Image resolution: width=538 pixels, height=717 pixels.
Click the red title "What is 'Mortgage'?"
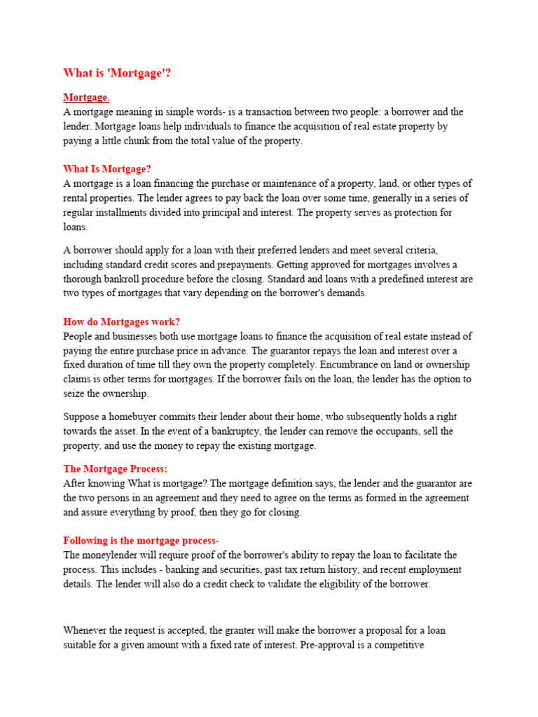click(x=117, y=73)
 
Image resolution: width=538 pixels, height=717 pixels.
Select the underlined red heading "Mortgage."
click(x=86, y=97)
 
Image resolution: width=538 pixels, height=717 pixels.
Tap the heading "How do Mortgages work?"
click(x=122, y=321)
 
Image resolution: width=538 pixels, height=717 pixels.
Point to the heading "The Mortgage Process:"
click(x=116, y=468)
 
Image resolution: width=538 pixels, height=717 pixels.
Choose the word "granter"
click(x=247, y=630)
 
